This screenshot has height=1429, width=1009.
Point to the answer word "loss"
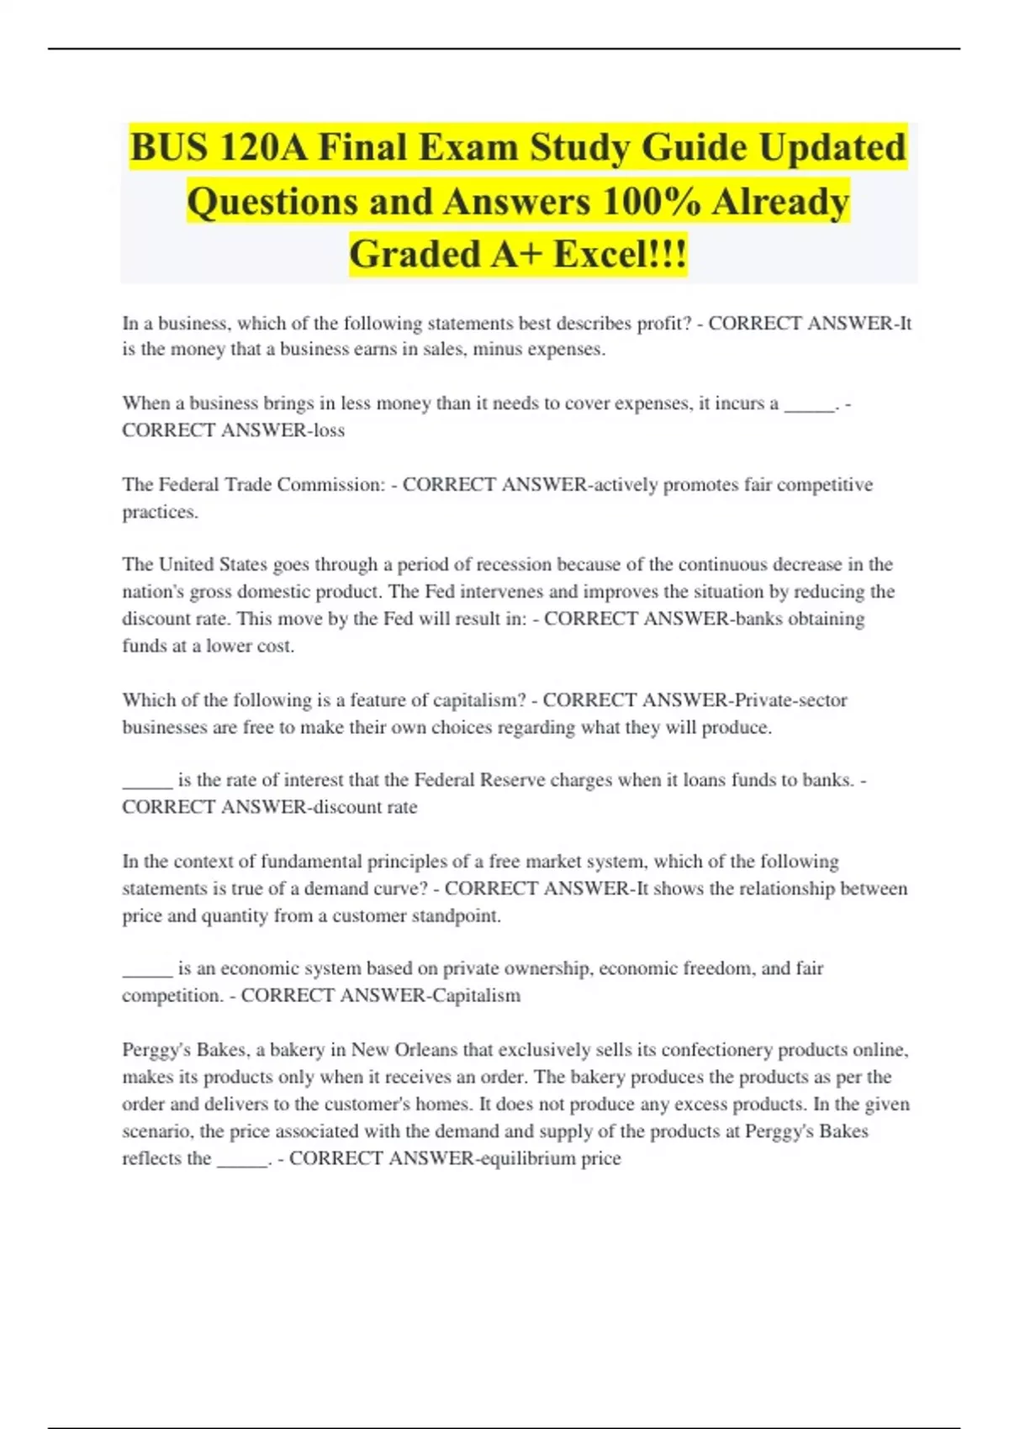click(329, 430)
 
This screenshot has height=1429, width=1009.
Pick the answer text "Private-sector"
click(791, 700)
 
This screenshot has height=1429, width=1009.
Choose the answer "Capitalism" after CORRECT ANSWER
click(476, 996)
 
